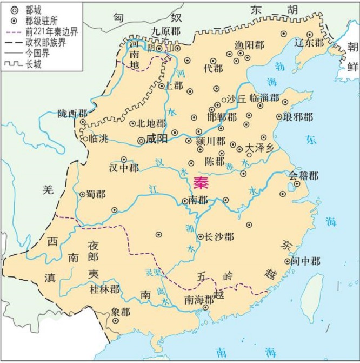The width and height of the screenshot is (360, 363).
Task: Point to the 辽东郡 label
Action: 308,42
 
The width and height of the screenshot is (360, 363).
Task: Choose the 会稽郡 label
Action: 303,176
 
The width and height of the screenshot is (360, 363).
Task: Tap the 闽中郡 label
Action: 305,261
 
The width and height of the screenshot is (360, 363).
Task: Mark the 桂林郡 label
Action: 105,289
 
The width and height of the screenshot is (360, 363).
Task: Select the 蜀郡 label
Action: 96,194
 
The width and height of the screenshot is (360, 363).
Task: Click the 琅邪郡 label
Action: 298,117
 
